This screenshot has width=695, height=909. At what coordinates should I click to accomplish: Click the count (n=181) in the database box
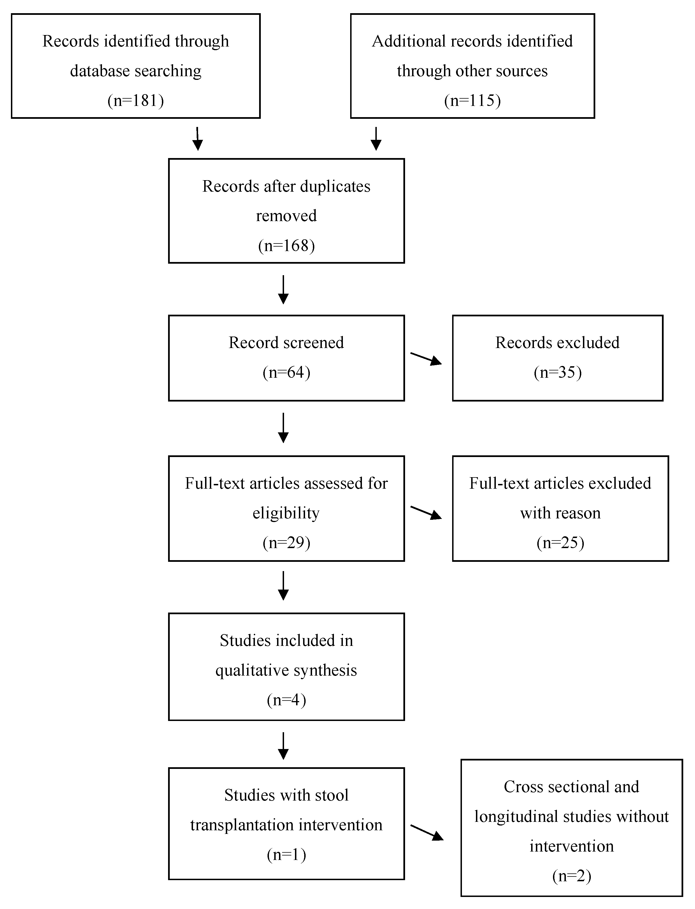point(136,101)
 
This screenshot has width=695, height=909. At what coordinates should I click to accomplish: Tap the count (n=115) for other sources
point(472,101)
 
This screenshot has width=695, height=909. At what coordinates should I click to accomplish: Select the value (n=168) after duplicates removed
point(286,246)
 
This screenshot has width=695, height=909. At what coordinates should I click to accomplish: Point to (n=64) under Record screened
point(286,372)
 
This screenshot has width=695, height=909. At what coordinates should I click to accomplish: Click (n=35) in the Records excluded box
point(558,372)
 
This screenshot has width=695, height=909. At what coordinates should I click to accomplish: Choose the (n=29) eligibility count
point(286,542)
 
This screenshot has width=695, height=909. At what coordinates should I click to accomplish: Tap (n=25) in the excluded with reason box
point(560,542)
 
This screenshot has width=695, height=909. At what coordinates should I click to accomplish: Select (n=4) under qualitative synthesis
point(286,700)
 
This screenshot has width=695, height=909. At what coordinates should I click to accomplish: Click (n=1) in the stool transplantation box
point(286,855)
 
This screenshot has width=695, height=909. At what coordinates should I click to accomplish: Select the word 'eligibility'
point(286,513)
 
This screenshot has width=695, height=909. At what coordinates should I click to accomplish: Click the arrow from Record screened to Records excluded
point(426,359)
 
